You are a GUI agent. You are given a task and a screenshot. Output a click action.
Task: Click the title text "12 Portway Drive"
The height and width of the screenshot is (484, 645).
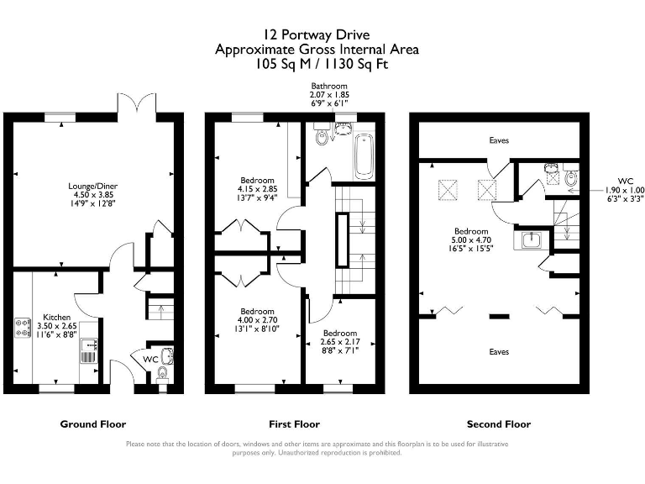(317, 35)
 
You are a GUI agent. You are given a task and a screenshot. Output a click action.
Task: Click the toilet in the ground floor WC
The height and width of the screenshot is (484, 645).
(164, 372)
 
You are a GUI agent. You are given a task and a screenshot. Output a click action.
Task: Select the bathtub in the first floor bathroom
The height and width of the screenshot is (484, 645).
(363, 156)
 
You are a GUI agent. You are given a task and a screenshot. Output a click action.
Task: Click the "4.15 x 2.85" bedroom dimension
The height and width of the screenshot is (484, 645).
(258, 189)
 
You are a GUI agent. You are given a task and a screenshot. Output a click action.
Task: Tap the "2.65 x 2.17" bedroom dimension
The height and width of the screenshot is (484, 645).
(339, 343)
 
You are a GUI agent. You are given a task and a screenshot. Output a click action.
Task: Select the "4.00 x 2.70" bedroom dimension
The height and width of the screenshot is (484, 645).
(257, 320)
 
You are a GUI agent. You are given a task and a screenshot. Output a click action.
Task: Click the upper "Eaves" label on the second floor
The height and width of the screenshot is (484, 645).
(499, 140)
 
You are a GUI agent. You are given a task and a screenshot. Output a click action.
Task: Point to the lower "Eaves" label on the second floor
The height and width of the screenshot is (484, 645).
(499, 351)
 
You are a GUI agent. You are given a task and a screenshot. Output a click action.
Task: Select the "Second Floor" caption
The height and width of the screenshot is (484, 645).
(499, 424)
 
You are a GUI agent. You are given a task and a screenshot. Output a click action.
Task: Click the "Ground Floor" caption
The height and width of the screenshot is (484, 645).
(92, 424)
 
